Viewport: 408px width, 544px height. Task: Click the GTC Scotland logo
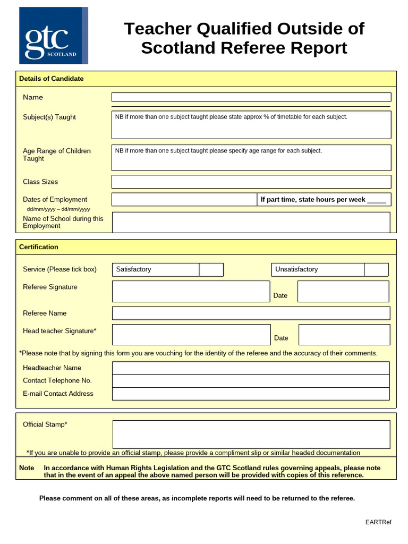point(53,36)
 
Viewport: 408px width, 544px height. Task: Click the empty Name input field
point(251,97)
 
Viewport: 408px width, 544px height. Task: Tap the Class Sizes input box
point(251,182)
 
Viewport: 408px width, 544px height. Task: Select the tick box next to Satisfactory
point(211,269)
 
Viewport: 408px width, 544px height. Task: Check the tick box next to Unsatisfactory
point(376,269)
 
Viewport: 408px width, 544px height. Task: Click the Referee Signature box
point(191,291)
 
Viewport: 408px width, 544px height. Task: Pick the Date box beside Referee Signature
point(343,291)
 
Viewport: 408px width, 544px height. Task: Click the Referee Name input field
point(251,313)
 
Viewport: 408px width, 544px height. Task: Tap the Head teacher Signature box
point(191,335)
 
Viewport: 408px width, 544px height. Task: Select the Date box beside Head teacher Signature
point(344,335)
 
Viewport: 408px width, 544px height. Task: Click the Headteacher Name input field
point(251,368)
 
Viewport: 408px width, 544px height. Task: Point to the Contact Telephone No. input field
point(251,381)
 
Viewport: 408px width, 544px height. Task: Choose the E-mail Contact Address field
point(251,394)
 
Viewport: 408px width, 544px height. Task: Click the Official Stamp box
point(251,434)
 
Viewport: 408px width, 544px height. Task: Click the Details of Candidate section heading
point(52,79)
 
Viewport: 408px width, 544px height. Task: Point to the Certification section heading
point(39,247)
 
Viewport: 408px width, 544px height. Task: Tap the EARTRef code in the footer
point(378,522)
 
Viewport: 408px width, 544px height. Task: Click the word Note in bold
point(27,468)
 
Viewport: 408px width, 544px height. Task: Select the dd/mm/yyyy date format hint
point(58,209)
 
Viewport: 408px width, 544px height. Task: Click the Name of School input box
point(251,222)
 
